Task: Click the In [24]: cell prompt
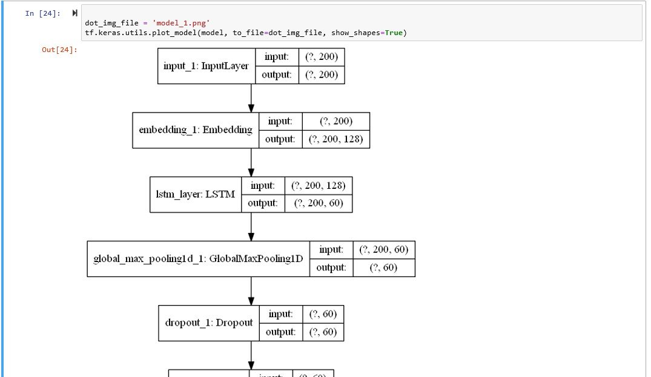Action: pos(42,13)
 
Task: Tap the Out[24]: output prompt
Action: pos(59,50)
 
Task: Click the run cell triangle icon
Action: pos(74,13)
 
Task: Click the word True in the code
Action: pos(394,32)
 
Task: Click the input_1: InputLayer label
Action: pos(206,65)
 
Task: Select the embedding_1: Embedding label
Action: pos(195,129)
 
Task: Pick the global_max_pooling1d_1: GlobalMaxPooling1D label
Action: pos(197,258)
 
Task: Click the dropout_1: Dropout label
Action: pos(208,323)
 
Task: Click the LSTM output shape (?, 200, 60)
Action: pos(318,203)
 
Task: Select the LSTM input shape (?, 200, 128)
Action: pos(318,185)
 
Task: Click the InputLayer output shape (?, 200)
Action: pos(322,74)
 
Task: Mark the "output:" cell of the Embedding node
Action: pos(280,139)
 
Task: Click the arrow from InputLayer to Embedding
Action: pos(251,97)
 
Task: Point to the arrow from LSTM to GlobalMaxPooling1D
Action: pos(251,226)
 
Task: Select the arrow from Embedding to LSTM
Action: pos(251,162)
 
